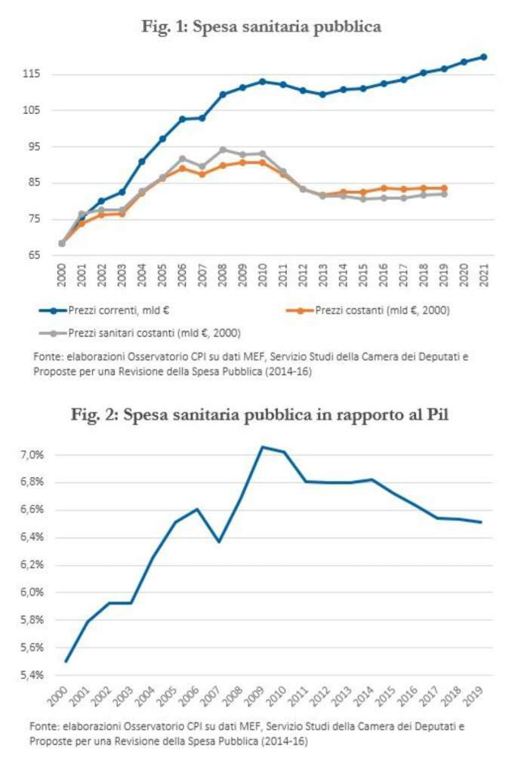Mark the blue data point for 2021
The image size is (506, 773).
point(483,57)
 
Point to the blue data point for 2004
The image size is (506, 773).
point(141,162)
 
